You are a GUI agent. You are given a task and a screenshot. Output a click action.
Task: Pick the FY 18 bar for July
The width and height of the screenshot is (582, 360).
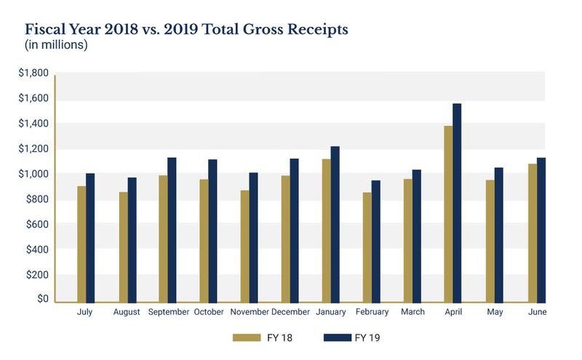81,244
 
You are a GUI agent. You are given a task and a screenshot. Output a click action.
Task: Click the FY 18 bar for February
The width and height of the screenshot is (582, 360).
366,247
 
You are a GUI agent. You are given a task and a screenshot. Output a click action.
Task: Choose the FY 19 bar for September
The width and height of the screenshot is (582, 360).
172,229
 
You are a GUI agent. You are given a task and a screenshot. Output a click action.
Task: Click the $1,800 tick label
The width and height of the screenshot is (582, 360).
34,73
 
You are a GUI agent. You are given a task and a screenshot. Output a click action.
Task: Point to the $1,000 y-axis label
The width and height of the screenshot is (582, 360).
34,175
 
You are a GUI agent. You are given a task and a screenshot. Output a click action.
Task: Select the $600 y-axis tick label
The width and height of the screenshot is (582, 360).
37,225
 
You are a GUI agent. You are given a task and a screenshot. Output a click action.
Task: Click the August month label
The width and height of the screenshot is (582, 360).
127,313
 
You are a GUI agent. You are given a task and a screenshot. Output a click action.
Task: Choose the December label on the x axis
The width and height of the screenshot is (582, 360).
289,313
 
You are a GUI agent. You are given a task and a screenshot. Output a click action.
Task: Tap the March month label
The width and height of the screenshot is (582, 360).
412,313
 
